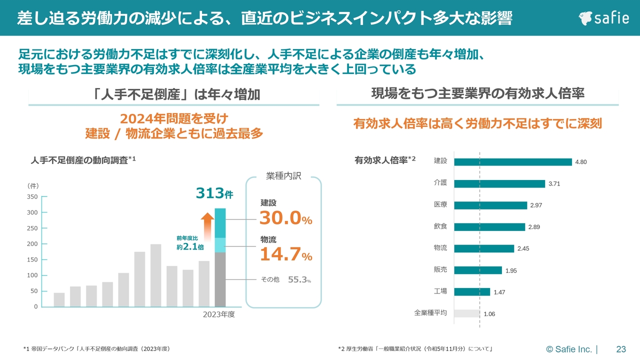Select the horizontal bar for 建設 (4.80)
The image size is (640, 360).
(x=513, y=162)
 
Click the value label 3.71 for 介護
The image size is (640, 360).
(x=554, y=184)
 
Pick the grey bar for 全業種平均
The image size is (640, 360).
(x=467, y=313)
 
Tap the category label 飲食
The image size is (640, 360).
(x=440, y=226)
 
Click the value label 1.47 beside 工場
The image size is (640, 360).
(x=499, y=292)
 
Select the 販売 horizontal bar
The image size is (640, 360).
(x=478, y=270)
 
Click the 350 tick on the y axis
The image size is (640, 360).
(x=32, y=196)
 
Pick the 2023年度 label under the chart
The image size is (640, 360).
(x=218, y=315)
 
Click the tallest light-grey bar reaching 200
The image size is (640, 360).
(x=155, y=275)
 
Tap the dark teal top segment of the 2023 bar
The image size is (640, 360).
(x=220, y=223)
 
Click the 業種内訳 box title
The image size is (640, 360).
(x=283, y=177)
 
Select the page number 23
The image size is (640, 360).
(x=621, y=349)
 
